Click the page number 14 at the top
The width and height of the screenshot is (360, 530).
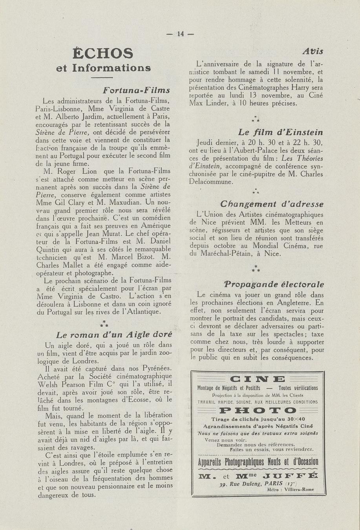tap(180, 34)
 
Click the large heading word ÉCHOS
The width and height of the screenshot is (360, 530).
tap(103, 53)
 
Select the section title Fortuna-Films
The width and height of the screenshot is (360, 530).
tap(136, 90)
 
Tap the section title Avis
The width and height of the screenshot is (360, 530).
tap(312, 51)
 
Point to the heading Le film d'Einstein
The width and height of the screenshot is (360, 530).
tap(280, 132)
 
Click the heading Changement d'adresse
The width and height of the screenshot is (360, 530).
tap(272, 204)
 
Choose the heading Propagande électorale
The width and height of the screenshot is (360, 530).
tap(274, 284)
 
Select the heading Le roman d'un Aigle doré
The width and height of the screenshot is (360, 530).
tap(114, 335)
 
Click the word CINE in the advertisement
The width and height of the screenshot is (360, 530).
tap(257, 379)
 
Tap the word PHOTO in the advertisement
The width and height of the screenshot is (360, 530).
tap(258, 411)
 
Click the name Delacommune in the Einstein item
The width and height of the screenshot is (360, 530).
tap(211, 182)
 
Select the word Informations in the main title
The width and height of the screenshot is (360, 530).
tap(111, 68)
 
